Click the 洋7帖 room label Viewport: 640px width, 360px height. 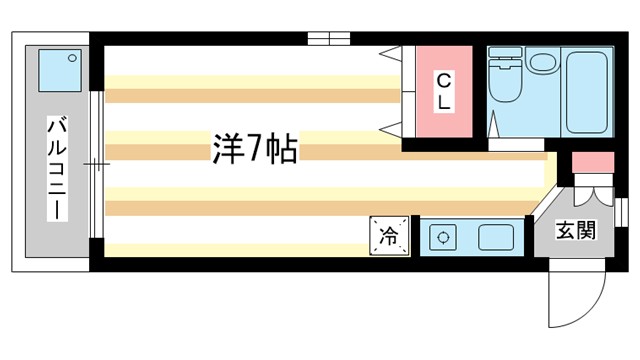[x=253, y=149]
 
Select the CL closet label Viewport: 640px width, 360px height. [x=443, y=91]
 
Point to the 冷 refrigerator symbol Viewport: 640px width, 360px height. [x=389, y=236]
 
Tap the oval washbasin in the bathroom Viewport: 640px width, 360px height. [x=543, y=62]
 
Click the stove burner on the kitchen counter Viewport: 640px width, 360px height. [x=441, y=238]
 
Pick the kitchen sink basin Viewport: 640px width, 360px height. [x=497, y=238]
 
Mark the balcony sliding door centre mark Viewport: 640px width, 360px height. [x=94, y=163]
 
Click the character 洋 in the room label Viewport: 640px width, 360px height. [x=226, y=149]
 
